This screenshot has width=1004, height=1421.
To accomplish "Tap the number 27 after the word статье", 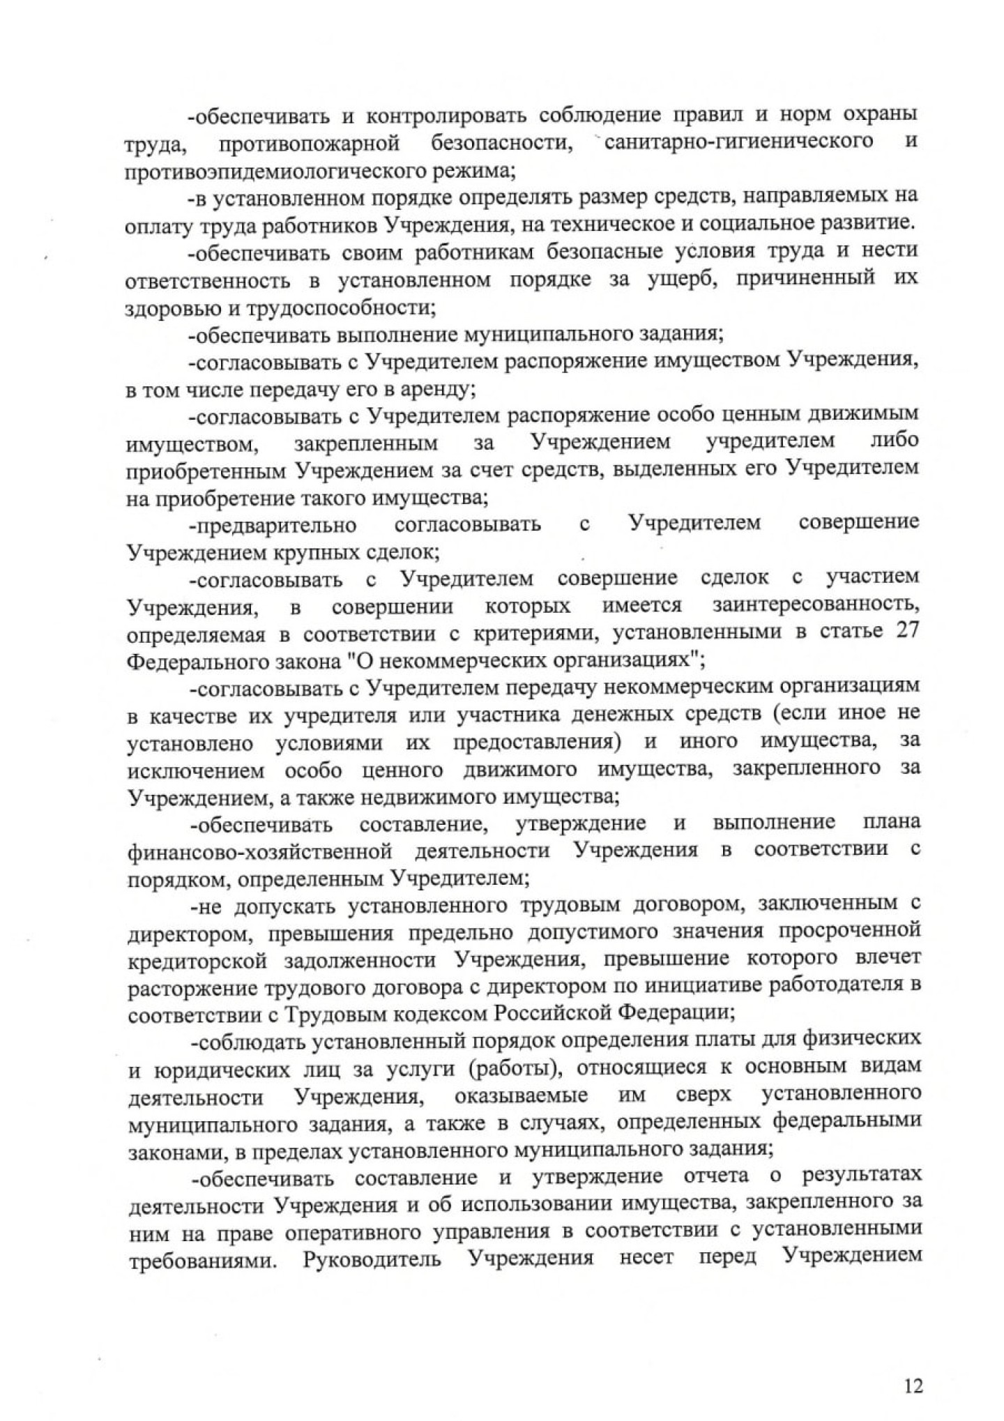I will point(906,629).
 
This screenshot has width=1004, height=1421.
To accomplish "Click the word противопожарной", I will point(310,142).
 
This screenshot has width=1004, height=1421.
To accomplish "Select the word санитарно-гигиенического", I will point(738,141).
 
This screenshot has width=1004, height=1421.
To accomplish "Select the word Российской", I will point(554,1013).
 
